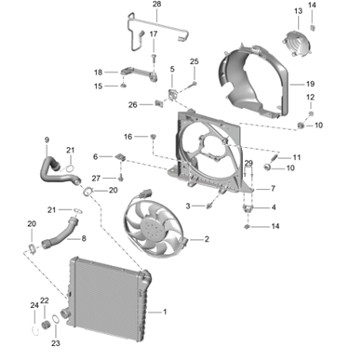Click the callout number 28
(x=157, y=5)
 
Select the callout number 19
(x=310, y=84)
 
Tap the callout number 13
(x=298, y=11)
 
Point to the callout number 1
(x=165, y=312)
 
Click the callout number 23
(x=56, y=343)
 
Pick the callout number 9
(x=47, y=140)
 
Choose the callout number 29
(x=249, y=163)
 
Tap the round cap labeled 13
(x=296, y=44)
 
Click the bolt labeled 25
(x=194, y=84)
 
